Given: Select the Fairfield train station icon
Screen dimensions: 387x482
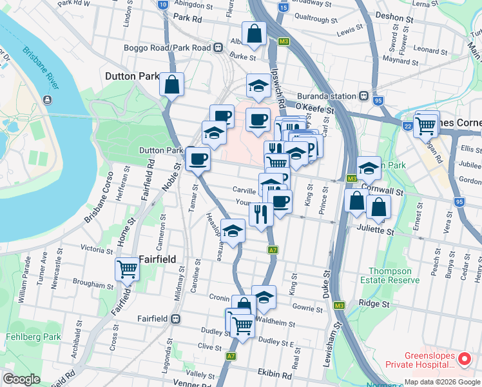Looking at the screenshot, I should click(175, 319).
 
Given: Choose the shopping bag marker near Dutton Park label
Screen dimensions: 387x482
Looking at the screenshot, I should click(172, 84).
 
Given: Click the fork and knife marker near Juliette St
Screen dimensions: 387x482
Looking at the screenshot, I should click(261, 213).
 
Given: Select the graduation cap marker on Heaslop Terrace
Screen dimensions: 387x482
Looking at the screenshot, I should click(233, 229).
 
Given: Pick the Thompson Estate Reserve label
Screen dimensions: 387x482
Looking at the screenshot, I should click(394, 275).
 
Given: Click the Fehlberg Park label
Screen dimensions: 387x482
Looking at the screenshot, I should click(33, 337).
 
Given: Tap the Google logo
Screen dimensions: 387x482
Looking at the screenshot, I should click(21, 379).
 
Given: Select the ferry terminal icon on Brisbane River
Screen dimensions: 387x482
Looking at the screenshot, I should click(47, 99).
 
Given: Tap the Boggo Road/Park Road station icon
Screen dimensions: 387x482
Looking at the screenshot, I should click(219, 48).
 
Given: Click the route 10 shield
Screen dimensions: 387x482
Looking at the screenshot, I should click(162, 4).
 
